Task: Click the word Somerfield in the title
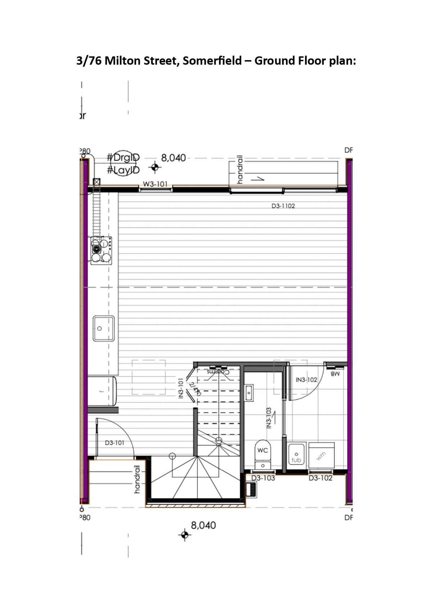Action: pyautogui.click(x=212, y=61)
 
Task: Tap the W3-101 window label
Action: pyautogui.click(x=155, y=184)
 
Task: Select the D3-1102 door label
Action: pyautogui.click(x=283, y=206)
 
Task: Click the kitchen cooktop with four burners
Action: pyautogui.click(x=101, y=250)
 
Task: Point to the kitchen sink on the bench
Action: pyautogui.click(x=104, y=328)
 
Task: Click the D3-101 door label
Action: pyautogui.click(x=114, y=443)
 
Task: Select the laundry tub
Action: pyautogui.click(x=296, y=454)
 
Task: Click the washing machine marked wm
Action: pyautogui.click(x=321, y=456)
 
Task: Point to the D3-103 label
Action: pyautogui.click(x=263, y=478)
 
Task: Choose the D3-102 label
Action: pyautogui.click(x=320, y=478)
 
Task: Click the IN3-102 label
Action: pyautogui.click(x=306, y=380)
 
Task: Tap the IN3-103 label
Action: pyautogui.click(x=269, y=418)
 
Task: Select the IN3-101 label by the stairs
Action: pyautogui.click(x=181, y=388)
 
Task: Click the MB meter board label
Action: pyautogui.click(x=335, y=374)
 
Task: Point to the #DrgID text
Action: pyautogui.click(x=123, y=158)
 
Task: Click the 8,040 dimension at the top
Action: pyautogui.click(x=173, y=158)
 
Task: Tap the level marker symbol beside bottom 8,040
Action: pyautogui.click(x=185, y=535)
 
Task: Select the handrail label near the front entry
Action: pyautogui.click(x=137, y=479)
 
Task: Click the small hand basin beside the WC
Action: pyautogui.click(x=249, y=392)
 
